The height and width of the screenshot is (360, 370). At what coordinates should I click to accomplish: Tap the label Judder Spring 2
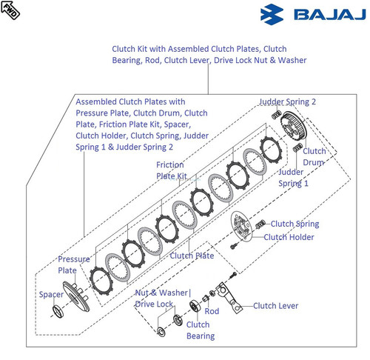click(x=287, y=101)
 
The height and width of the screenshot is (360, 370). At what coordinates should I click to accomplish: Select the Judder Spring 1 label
click(x=293, y=177)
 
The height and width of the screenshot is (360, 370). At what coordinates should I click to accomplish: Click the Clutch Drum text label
click(x=314, y=156)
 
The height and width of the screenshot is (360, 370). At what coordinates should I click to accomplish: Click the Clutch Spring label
click(x=295, y=224)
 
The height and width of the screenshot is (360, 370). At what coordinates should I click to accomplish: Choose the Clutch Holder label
click(x=289, y=237)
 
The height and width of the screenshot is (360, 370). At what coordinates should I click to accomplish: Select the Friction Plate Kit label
click(x=171, y=170)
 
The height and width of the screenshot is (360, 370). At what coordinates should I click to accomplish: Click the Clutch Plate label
click(x=192, y=256)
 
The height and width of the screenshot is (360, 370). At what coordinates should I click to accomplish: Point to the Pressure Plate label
click(x=74, y=264)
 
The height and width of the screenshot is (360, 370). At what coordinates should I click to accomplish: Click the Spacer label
click(x=51, y=294)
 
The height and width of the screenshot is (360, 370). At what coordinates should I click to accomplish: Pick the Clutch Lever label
click(x=275, y=305)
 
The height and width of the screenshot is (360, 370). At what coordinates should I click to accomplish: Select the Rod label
click(x=212, y=311)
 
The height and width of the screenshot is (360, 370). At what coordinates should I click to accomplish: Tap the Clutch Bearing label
click(x=199, y=330)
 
